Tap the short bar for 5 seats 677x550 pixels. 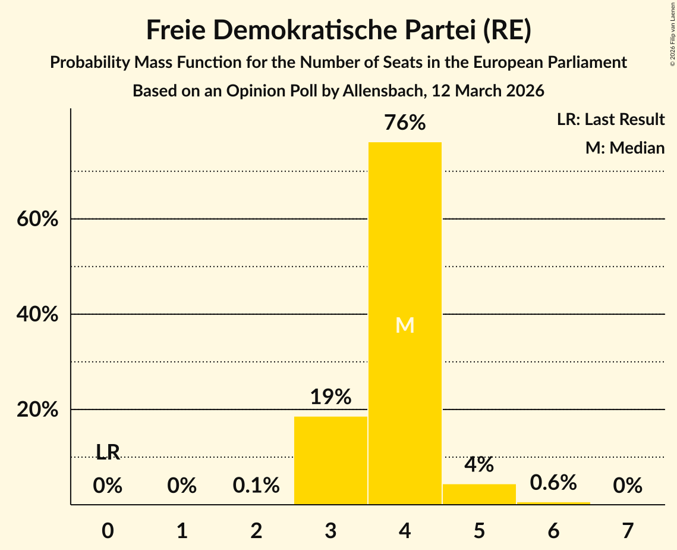479,494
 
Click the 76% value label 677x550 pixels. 405,123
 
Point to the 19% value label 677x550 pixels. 330,397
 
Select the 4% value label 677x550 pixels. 479,465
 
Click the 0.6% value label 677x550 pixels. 553,483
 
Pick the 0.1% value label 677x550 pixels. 256,486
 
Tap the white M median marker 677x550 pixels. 405,325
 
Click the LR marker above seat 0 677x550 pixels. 108,452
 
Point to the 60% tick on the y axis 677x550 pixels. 37,219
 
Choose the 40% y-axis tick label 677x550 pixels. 37,314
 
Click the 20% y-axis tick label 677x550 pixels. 37,410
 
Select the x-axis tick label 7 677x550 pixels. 628,530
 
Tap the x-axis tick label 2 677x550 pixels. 256,530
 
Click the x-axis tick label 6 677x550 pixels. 553,530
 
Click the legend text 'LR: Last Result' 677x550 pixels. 610,120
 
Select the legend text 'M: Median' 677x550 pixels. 625,148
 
